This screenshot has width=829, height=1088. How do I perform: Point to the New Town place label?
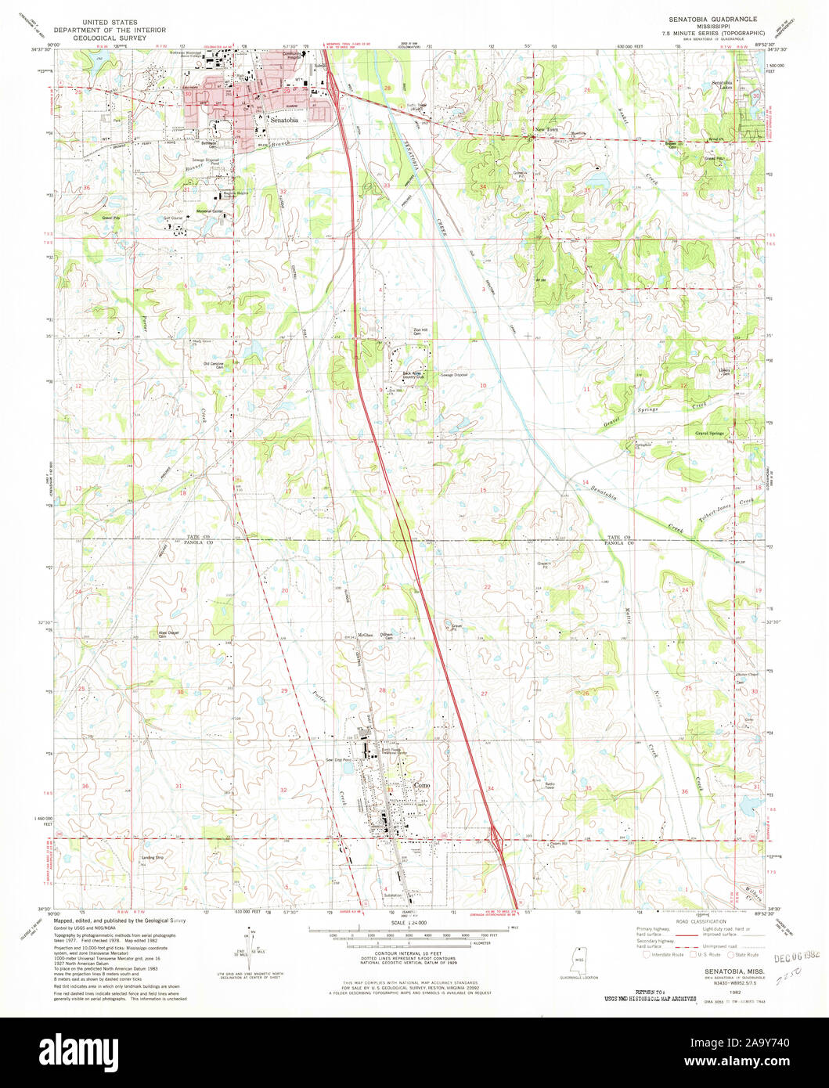coord(546,129)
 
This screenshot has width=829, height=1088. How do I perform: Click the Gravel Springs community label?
coord(710,433)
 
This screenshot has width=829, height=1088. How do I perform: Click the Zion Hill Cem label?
coord(421,332)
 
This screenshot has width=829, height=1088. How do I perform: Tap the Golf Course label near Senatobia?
coord(173,219)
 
